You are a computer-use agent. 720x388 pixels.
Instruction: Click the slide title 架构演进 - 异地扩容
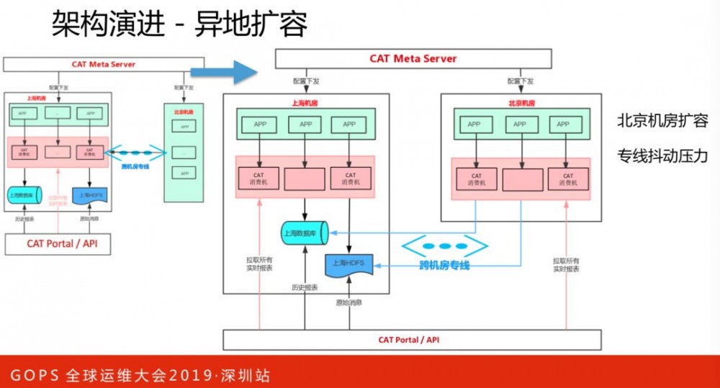tap(180, 25)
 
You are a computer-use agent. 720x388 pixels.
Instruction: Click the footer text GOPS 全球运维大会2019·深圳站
tap(140, 375)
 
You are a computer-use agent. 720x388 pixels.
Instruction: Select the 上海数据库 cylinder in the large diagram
tap(304, 233)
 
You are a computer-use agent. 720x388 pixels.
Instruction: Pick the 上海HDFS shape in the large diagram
tap(348, 265)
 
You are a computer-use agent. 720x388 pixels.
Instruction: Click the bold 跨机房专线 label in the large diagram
tap(444, 266)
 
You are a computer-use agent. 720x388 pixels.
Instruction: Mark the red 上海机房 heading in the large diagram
tap(305, 103)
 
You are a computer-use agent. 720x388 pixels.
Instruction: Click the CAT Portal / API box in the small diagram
tap(62, 243)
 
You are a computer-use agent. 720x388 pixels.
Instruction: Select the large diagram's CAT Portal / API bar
tap(412, 339)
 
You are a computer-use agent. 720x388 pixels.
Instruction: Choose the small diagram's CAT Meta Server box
tap(104, 64)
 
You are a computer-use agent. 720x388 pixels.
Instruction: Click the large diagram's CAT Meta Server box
tap(413, 58)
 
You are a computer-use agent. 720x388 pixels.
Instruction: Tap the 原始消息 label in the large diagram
tap(349, 302)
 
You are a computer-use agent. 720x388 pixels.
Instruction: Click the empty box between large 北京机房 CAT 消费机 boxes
tap(521, 179)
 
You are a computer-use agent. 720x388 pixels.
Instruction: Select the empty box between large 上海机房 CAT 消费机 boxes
tap(305, 179)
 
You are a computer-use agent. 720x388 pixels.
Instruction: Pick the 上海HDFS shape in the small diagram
tap(90, 194)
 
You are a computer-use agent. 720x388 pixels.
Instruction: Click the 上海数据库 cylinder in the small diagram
tap(25, 194)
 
